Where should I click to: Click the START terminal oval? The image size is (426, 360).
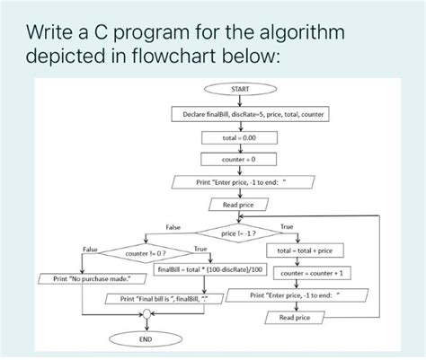point(240,90)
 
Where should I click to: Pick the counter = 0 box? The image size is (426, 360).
point(240,160)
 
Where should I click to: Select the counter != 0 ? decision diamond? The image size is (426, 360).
point(143,254)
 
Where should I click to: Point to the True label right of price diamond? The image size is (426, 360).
point(288,226)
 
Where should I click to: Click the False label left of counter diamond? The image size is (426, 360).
point(90,248)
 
